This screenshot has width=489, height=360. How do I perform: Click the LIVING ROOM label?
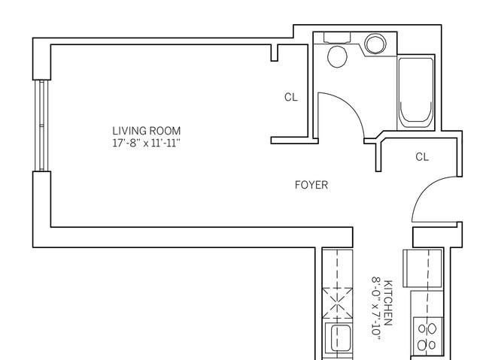point(146,131)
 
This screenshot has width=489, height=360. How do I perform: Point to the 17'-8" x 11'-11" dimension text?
point(146,143)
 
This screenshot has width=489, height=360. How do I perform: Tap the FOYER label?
point(311,185)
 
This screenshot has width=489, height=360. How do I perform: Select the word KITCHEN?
point(387,303)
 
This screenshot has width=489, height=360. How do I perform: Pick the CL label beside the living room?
point(291,97)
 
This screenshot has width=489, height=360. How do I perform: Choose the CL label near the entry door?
point(422,157)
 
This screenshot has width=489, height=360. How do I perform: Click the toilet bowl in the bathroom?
point(337,56)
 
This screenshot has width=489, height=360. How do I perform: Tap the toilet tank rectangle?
point(337,38)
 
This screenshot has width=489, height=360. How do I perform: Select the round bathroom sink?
point(375,44)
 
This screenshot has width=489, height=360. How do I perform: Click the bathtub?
point(416,92)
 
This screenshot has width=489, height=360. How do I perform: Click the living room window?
point(41,126)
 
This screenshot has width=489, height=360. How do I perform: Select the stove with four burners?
point(427,336)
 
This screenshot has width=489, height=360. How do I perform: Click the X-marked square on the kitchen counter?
point(338,303)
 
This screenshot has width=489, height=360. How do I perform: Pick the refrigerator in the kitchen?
point(423,268)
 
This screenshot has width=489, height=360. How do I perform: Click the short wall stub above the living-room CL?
point(274,53)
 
